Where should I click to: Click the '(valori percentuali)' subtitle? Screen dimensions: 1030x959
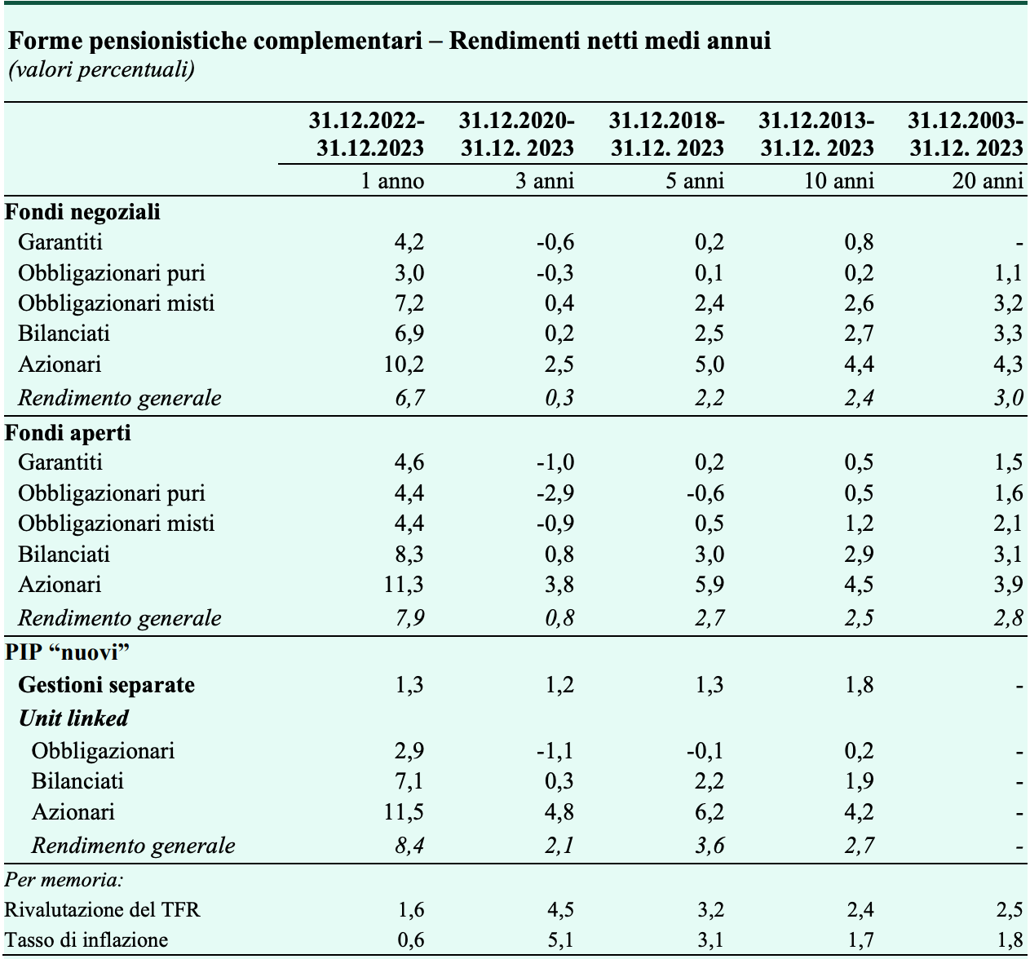(102, 69)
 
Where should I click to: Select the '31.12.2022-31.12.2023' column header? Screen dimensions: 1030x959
(367, 135)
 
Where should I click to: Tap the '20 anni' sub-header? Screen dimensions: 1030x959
(988, 181)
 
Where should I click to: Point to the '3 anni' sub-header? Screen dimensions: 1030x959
(545, 181)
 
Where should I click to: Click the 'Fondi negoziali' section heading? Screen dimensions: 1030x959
(82, 212)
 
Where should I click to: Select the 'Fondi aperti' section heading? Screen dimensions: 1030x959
(68, 432)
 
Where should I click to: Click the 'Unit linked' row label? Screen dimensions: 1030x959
(73, 718)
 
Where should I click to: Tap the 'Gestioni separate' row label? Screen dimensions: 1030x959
(106, 685)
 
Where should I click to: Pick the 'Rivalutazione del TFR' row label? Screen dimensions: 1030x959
(102, 910)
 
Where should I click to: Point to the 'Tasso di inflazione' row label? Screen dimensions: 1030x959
(86, 939)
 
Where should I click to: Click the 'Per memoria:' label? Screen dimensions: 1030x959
(64, 880)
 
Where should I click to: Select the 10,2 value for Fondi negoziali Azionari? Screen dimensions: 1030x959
(404, 364)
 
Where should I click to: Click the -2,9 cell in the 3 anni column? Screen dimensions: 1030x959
(555, 493)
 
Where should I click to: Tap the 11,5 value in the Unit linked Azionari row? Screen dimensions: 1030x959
(404, 811)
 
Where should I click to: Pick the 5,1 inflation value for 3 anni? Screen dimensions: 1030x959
(560, 939)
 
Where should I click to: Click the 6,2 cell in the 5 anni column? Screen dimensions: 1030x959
(710, 811)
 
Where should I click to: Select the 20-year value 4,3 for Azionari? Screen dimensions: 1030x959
(1009, 364)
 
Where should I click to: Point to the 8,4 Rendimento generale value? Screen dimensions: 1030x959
(409, 846)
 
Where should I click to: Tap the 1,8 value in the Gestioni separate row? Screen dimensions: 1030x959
(860, 685)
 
